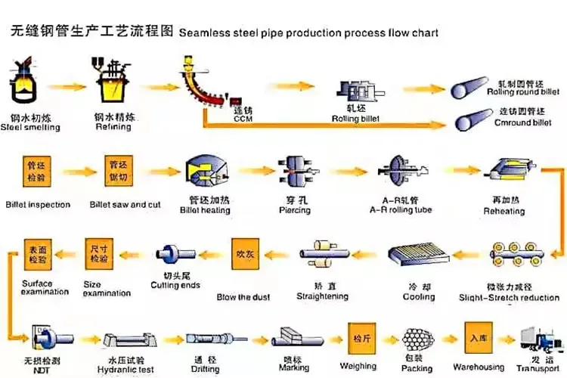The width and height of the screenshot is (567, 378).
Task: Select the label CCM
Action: coord(243,119)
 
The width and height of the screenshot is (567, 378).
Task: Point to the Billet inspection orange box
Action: coord(36,174)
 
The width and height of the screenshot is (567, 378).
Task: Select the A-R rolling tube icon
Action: coord(400,172)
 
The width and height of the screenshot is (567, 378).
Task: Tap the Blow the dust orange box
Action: coord(248,255)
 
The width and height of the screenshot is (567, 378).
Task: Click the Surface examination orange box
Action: coord(37,255)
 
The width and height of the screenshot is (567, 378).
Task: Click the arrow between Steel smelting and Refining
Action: coord(66,85)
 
